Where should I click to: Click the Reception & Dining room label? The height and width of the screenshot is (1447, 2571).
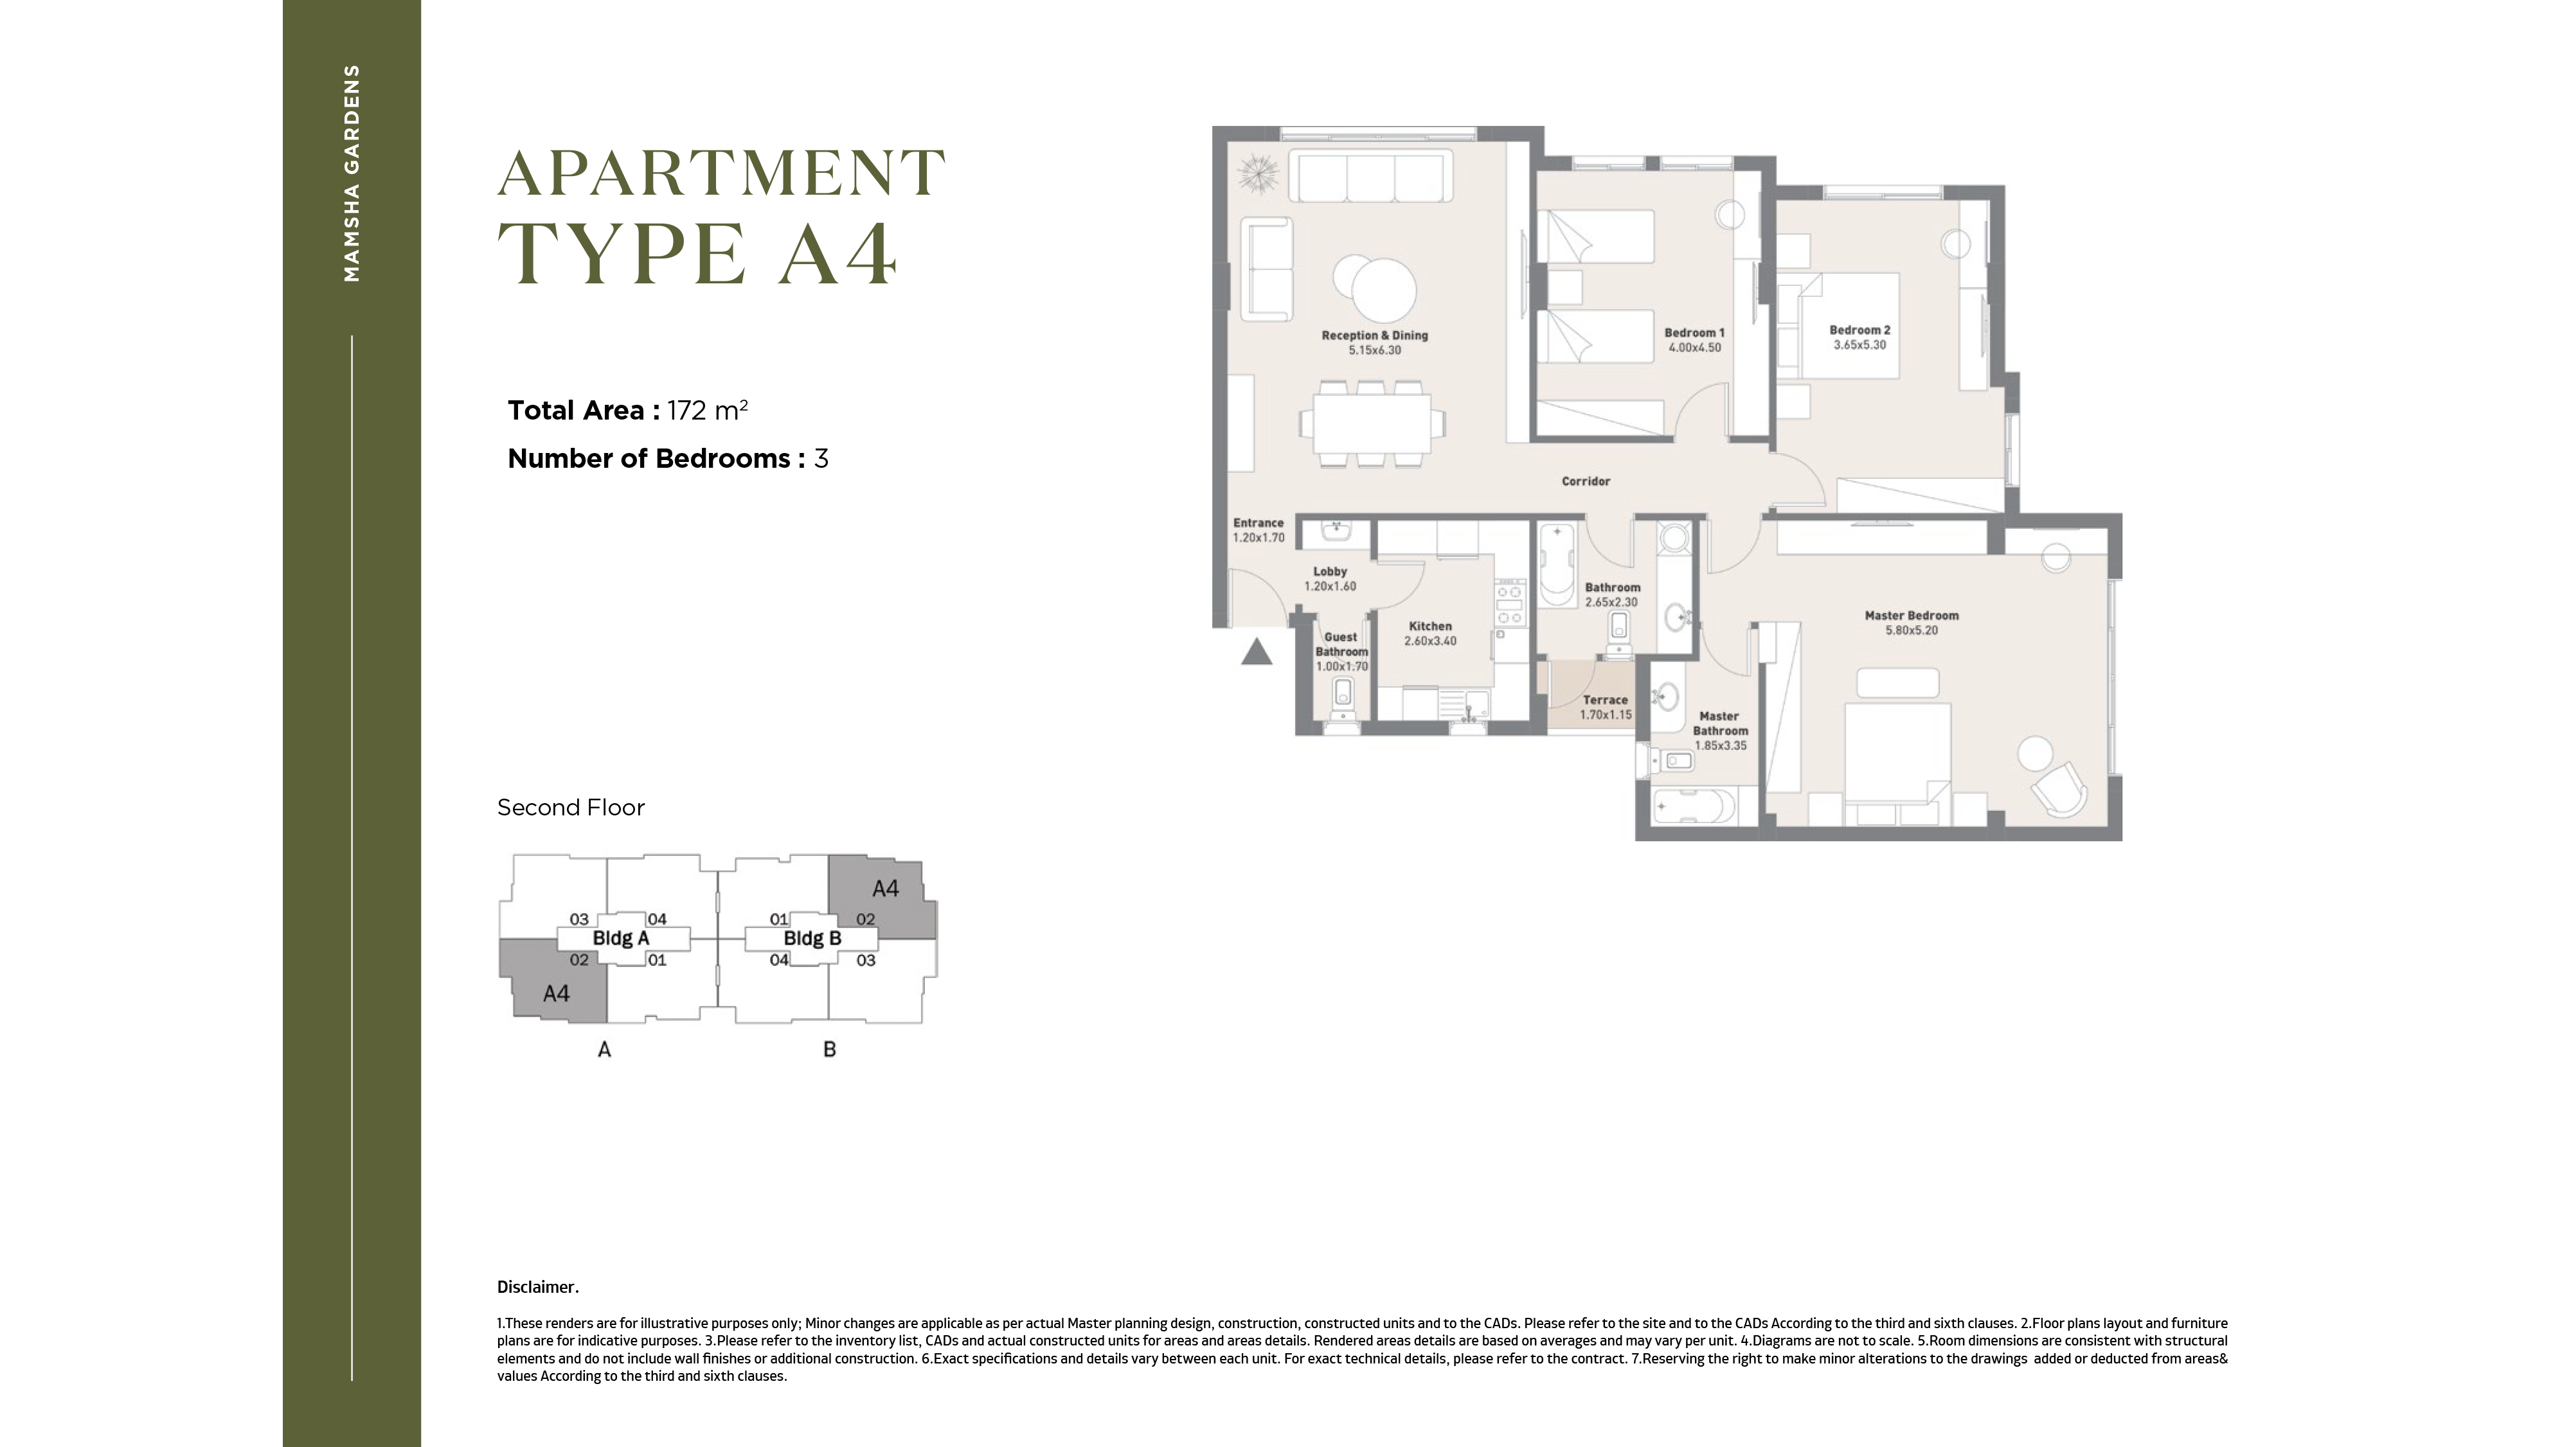pos(1374,335)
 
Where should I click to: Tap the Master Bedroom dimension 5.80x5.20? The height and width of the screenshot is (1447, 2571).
pos(1912,631)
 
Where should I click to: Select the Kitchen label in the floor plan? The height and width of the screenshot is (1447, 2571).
pos(1430,626)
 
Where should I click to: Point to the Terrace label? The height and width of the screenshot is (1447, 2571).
pos(1605,700)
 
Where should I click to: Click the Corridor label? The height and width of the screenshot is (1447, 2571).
pos(1586,481)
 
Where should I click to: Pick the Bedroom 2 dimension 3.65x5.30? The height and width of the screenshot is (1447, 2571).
pos(1859,345)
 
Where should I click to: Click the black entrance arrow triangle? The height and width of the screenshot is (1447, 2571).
pos(1257,653)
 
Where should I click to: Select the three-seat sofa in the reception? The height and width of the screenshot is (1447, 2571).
pos(1369,177)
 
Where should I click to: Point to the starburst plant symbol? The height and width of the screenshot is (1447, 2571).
pos(1258,175)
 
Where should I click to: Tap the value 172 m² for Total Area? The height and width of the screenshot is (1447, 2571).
pos(708,410)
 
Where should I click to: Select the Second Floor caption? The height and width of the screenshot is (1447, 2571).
pos(571,807)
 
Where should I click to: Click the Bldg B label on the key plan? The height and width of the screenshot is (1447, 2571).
pos(812,938)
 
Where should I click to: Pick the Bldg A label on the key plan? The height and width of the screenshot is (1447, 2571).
pos(621,938)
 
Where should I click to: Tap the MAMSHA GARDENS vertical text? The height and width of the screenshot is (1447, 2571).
pos(352,173)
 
